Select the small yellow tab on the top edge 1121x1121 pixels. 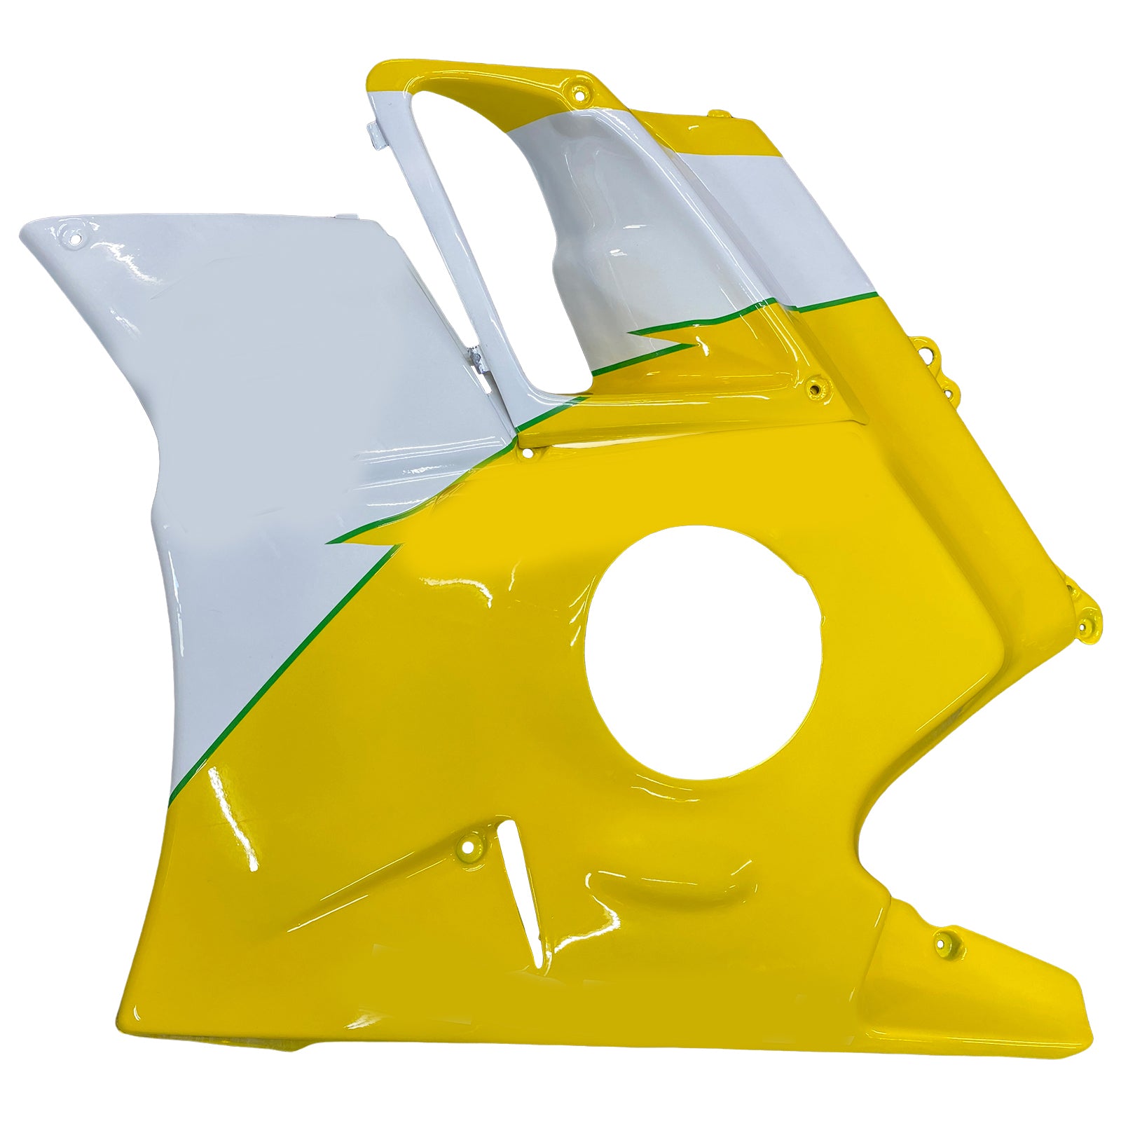tap(713, 113)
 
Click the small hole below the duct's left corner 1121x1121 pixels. tap(527, 454)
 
